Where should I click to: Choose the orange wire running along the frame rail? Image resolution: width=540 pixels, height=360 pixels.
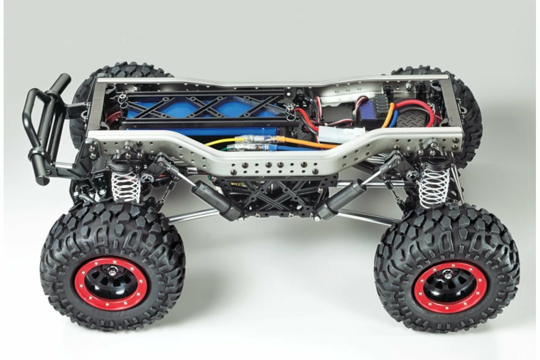point(310,144)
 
